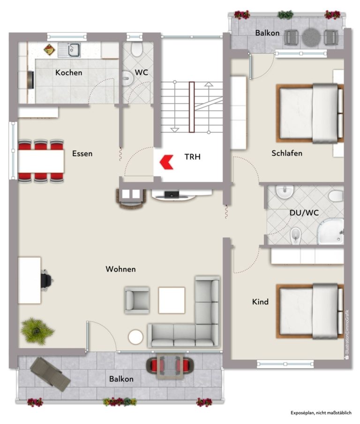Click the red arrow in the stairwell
coord(165,162)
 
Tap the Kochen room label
coord(68,73)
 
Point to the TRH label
coord(193,157)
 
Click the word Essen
coord(82,153)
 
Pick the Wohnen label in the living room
coord(120,269)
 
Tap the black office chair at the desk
coord(46,280)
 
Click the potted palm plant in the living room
coord(37,331)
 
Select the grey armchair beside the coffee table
coord(137,300)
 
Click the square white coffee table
coord(172,300)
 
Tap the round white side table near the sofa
coord(135,337)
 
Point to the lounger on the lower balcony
coord(50,374)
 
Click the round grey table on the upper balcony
coord(311,38)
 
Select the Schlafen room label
coord(287,153)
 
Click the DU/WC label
coord(304,212)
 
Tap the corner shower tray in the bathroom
coord(330,232)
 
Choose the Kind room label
coord(260,302)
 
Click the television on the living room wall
coord(172,195)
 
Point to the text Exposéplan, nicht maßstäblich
coord(321,413)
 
